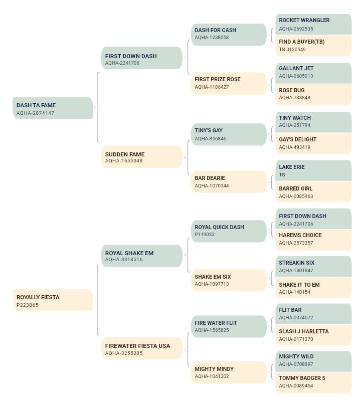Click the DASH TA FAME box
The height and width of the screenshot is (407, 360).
pyautogui.click(x=53, y=108)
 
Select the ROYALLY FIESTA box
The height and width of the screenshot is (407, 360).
pyautogui.click(x=53, y=300)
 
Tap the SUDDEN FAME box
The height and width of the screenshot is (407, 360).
pyautogui.click(x=142, y=157)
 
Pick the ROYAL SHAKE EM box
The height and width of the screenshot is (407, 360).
pyautogui.click(x=142, y=256)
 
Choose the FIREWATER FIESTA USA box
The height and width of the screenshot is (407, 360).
pyautogui.click(x=142, y=348)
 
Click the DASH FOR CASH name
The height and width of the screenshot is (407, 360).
pyautogui.click(x=215, y=30)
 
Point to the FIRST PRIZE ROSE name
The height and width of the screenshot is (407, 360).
pyautogui.click(x=218, y=79)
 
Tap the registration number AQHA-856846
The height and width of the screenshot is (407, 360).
pyautogui.click(x=211, y=139)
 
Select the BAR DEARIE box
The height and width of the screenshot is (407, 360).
pyautogui.click(x=229, y=181)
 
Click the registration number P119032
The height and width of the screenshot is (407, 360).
pyautogui.click(x=205, y=235)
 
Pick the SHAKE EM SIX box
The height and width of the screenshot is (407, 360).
pyautogui.click(x=229, y=280)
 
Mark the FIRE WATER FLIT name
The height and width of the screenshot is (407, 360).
pyautogui.click(x=216, y=323)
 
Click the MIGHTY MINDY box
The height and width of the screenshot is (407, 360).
pyautogui.click(x=229, y=372)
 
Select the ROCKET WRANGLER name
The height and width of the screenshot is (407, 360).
pyautogui.click(x=304, y=20)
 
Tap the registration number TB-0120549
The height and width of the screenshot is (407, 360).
pyautogui.click(x=292, y=49)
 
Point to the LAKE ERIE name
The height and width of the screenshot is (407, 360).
pyautogui.click(x=292, y=167)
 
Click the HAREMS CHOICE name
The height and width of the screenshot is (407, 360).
pyautogui.click(x=300, y=235)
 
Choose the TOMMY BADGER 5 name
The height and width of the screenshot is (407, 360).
pyautogui.click(x=302, y=378)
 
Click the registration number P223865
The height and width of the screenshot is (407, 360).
pyautogui.click(x=27, y=305)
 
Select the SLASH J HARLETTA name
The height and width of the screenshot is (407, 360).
pyautogui.click(x=304, y=331)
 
